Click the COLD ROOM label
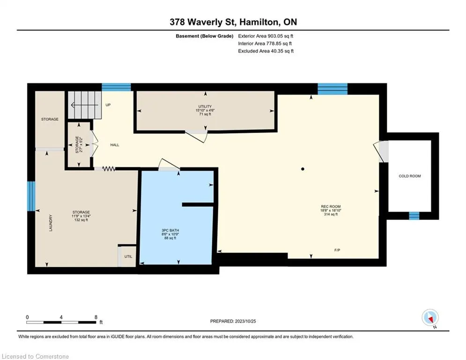[409, 176]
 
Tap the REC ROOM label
[331, 206]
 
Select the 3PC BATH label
[170, 230]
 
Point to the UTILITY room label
[205, 106]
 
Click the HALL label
[115, 145]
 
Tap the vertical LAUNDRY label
[51, 223]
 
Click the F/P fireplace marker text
[337, 250]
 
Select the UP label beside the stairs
[108, 105]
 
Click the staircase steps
[85, 105]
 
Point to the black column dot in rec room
[303, 169]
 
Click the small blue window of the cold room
[414, 216]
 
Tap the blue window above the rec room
[333, 89]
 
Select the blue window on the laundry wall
[31, 196]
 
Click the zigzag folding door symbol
[109, 169]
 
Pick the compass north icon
[430, 317]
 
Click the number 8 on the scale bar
[96, 317]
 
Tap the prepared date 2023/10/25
[245, 321]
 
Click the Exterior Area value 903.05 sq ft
[281, 36]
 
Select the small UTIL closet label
[128, 256]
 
